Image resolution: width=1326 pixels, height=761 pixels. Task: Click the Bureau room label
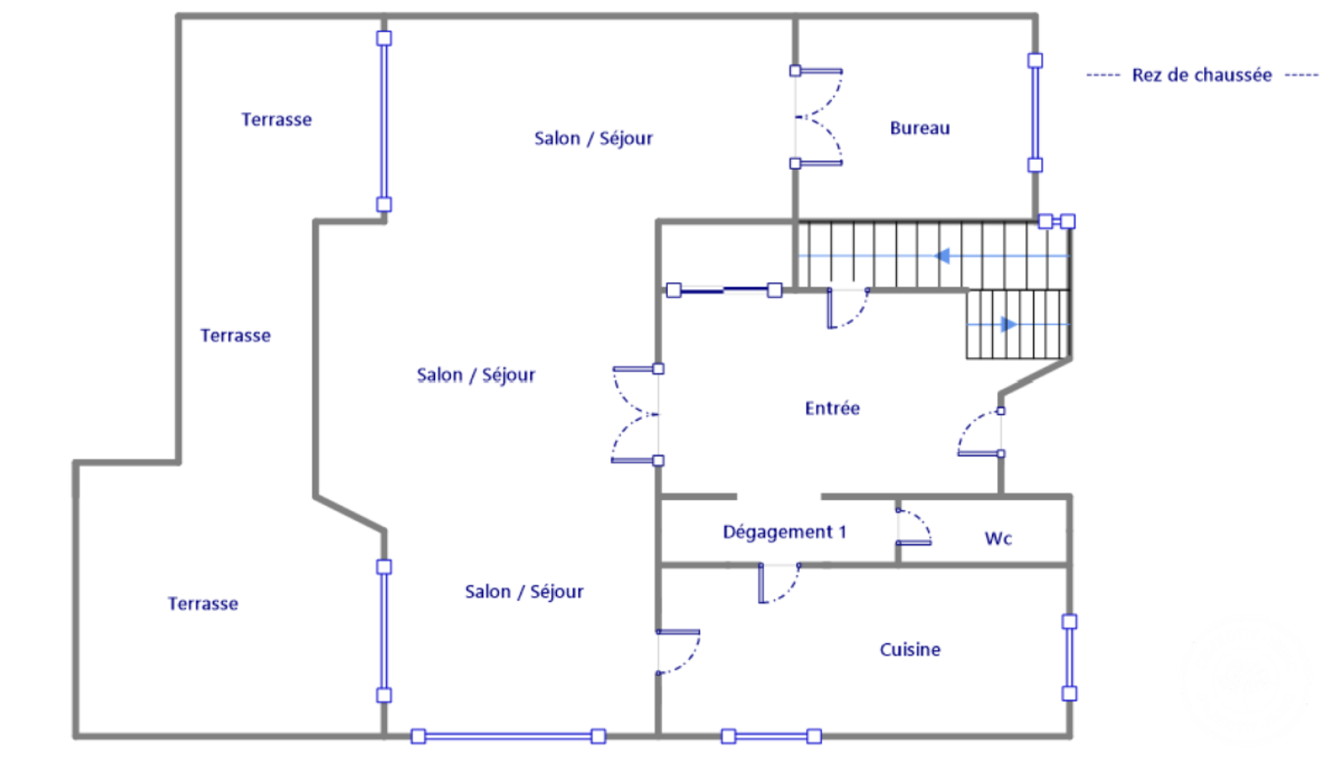click(919, 128)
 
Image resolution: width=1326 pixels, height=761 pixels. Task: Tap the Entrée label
click(832, 408)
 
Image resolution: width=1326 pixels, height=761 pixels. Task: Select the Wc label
click(998, 538)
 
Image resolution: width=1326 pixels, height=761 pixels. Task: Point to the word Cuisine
click(910, 650)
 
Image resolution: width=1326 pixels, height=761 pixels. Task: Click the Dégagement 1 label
click(784, 532)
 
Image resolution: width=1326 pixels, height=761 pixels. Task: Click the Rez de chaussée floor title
click(1202, 75)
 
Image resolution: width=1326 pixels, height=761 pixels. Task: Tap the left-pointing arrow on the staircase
click(942, 256)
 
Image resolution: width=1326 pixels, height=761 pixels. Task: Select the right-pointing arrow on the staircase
click(1009, 325)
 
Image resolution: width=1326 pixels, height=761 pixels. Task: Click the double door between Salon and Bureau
click(816, 117)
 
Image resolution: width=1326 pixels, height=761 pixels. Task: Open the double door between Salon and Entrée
click(636, 414)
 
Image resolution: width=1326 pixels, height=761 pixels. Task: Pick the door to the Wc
click(913, 527)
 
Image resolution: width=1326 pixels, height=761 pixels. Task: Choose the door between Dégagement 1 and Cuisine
click(779, 583)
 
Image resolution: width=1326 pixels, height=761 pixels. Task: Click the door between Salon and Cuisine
click(678, 652)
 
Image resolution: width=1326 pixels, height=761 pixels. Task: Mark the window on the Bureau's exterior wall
click(1035, 113)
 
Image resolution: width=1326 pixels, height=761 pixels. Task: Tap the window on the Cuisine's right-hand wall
click(1069, 657)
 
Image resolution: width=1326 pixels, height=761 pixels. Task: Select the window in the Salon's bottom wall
click(508, 736)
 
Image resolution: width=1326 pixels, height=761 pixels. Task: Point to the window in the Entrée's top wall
click(724, 290)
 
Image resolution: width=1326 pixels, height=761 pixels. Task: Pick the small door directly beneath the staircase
click(847, 308)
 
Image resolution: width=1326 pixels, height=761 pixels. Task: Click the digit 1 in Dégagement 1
click(842, 532)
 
